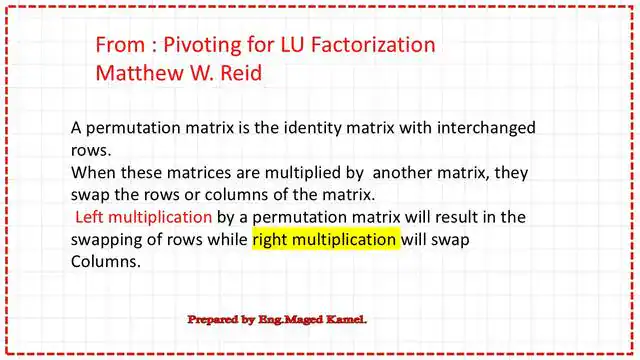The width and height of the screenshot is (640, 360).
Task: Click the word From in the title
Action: point(120,45)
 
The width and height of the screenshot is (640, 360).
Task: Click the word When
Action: point(94,172)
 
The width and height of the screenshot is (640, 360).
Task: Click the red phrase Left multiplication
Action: point(143,217)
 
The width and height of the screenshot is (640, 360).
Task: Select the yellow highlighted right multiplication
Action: point(325,240)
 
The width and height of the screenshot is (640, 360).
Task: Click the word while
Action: point(225,240)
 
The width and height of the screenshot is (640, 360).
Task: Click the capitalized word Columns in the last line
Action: point(104,262)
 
